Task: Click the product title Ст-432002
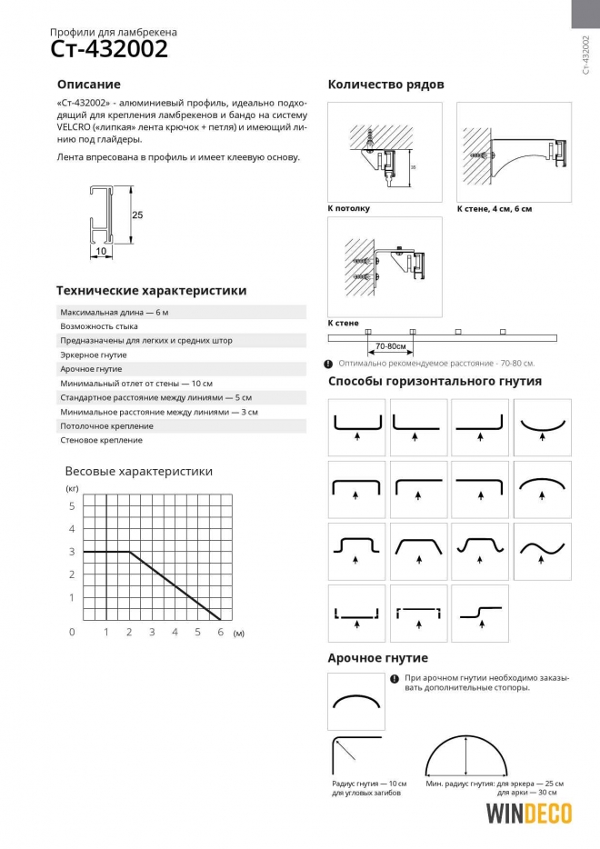tap(108, 50)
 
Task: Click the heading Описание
tap(88, 85)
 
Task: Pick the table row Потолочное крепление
tap(106, 425)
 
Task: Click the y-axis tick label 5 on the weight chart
tap(72, 505)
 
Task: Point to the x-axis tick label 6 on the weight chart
tap(219, 632)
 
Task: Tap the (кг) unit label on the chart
tap(73, 488)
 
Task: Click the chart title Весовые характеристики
tap(138, 471)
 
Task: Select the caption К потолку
tap(349, 208)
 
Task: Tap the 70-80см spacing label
tap(390, 346)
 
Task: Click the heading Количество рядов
tap(385, 85)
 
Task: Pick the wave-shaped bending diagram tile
tap(543, 551)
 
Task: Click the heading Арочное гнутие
tap(377, 657)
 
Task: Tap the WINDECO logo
tap(527, 812)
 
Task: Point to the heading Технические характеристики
tap(151, 291)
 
